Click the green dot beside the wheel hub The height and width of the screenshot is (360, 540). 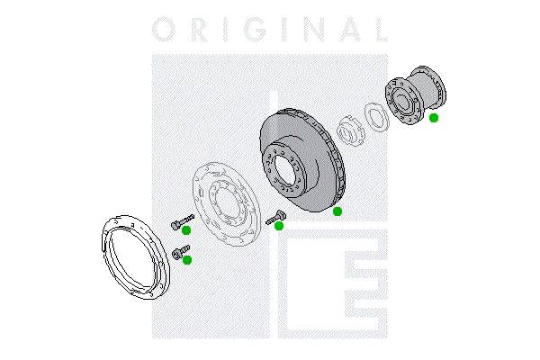click(x=434, y=118)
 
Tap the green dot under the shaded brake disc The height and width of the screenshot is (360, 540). click(x=337, y=211)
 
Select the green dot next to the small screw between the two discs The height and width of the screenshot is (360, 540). click(x=279, y=226)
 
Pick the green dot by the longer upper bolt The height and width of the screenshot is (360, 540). click(x=186, y=230)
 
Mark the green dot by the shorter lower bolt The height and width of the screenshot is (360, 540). click(x=187, y=260)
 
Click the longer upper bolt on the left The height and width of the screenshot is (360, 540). click(x=183, y=221)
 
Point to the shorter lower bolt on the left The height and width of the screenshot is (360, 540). click(x=181, y=252)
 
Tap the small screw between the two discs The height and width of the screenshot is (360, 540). click(x=274, y=218)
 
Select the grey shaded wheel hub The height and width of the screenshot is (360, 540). click(x=415, y=94)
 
